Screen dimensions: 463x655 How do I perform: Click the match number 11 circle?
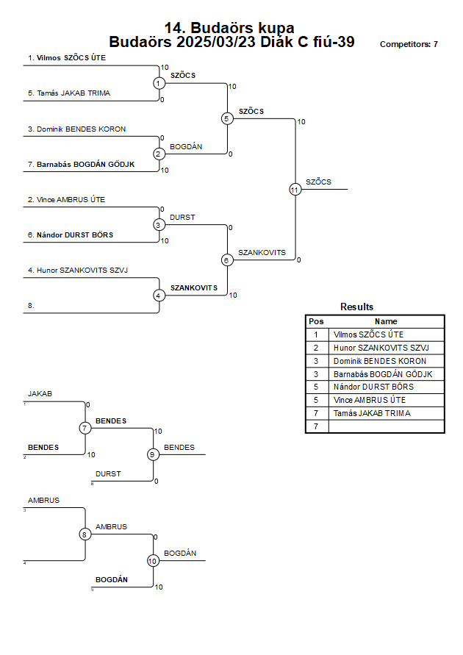295,190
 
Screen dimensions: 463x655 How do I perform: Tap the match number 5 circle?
227,118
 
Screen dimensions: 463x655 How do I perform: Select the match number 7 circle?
85,428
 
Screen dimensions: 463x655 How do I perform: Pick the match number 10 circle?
153,561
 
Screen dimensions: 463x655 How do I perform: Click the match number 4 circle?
159,296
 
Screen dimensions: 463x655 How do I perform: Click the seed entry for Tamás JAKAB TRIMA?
69,93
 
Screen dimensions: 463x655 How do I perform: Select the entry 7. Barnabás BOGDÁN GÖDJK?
81,164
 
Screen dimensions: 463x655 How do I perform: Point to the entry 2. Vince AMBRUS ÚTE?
66,200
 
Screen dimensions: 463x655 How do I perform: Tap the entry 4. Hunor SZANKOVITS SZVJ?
78,271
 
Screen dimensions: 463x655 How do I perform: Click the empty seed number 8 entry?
31,306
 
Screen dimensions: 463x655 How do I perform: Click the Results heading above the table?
356,307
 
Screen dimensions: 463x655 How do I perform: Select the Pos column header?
316,321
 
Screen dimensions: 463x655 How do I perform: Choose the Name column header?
386,321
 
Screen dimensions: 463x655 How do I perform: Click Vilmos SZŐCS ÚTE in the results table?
368,334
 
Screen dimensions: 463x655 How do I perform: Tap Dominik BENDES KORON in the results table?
380,361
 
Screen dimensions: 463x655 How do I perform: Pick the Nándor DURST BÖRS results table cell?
373,387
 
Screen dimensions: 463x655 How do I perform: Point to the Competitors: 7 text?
409,44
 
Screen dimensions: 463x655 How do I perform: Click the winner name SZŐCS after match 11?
318,182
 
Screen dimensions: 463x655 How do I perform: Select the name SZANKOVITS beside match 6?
262,253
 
